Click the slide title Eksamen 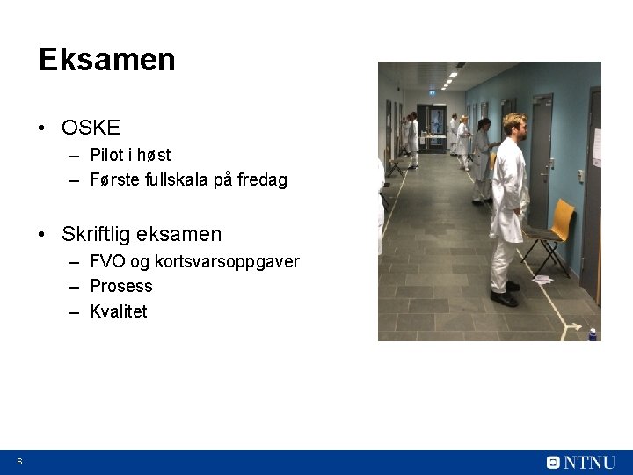(x=106, y=60)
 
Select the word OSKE (x=91, y=128)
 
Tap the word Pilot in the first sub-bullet (x=106, y=156)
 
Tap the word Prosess (x=121, y=286)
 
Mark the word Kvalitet (x=119, y=311)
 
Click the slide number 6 (x=19, y=462)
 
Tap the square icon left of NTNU (x=553, y=462)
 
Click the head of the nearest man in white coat (x=513, y=125)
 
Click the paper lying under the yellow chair (x=542, y=279)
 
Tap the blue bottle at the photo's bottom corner (x=592, y=334)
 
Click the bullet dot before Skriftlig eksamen (x=43, y=235)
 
